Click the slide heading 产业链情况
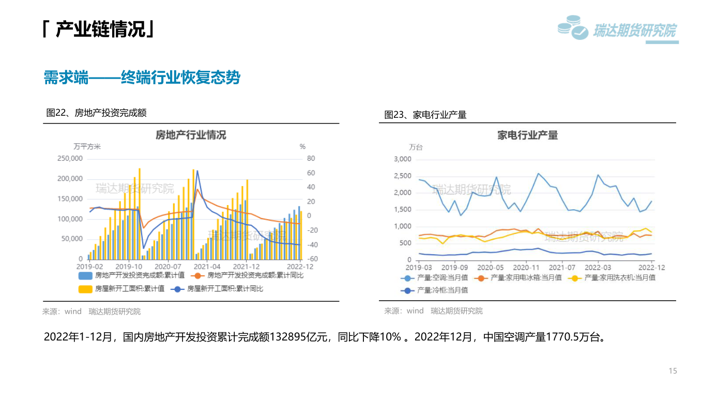[x=98, y=29]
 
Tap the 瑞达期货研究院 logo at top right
[x=618, y=30]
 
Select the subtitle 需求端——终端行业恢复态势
[x=142, y=78]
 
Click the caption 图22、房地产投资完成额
[x=97, y=113]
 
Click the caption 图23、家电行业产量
[x=425, y=115]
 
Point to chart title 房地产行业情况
[x=191, y=135]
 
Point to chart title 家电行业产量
[x=527, y=135]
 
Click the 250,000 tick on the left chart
[x=70, y=159]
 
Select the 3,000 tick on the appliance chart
[x=402, y=159]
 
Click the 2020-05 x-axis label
[x=490, y=268]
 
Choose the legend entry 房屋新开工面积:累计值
[x=129, y=289]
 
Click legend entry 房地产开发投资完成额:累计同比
[x=255, y=275]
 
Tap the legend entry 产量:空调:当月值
[x=441, y=278]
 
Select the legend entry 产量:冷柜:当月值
[x=441, y=290]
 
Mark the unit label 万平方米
[x=87, y=147]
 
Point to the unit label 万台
[x=416, y=147]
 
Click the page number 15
[x=673, y=371]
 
